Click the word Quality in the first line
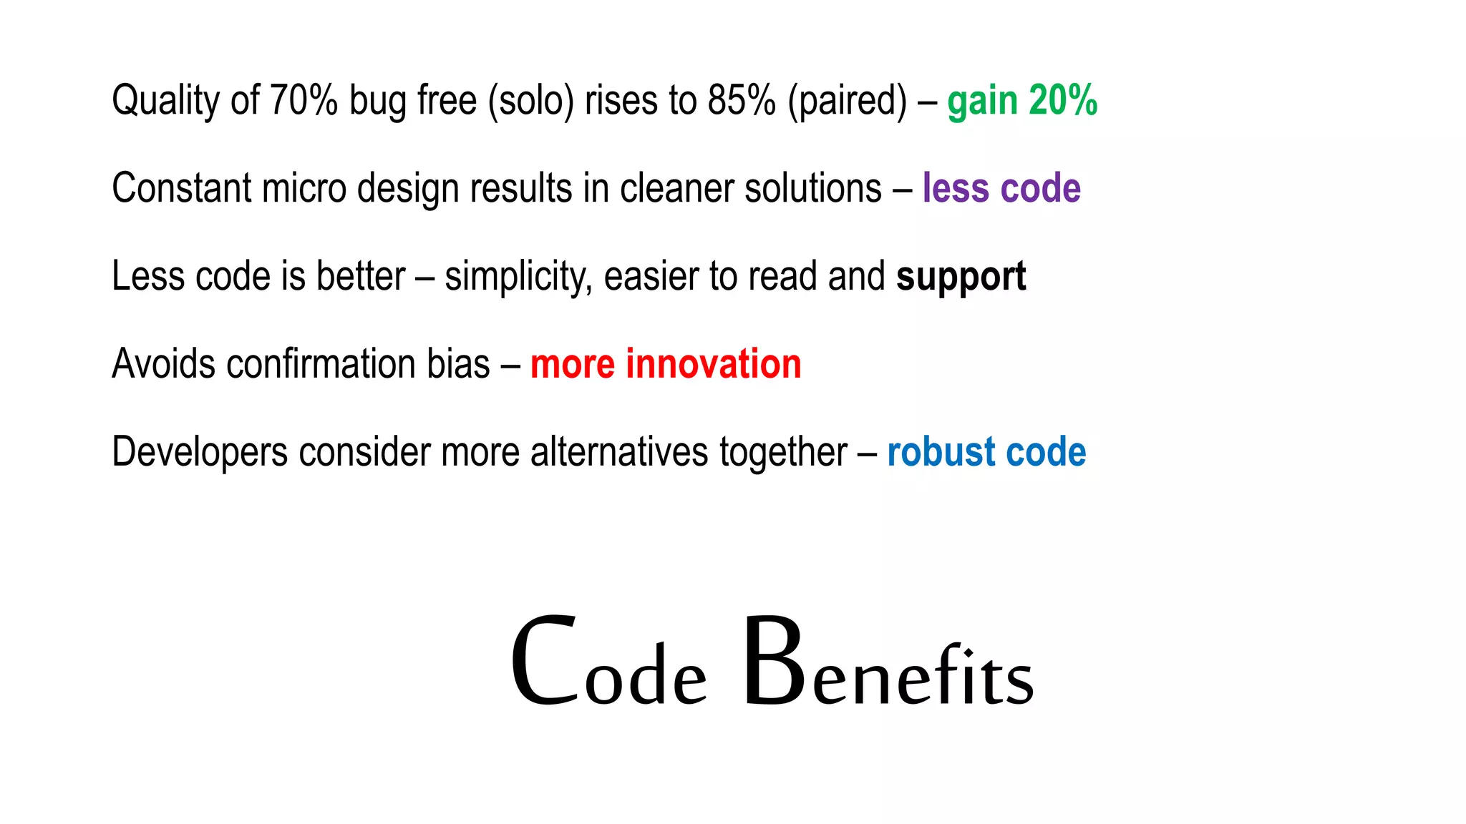[x=165, y=101]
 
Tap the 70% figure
[x=303, y=99]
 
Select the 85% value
[x=742, y=99]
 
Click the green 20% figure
[x=1063, y=99]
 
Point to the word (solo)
[x=531, y=101]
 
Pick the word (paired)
[x=848, y=101]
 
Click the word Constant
[x=182, y=188]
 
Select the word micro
[x=304, y=188]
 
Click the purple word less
[x=956, y=188]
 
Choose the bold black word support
[x=961, y=277]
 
